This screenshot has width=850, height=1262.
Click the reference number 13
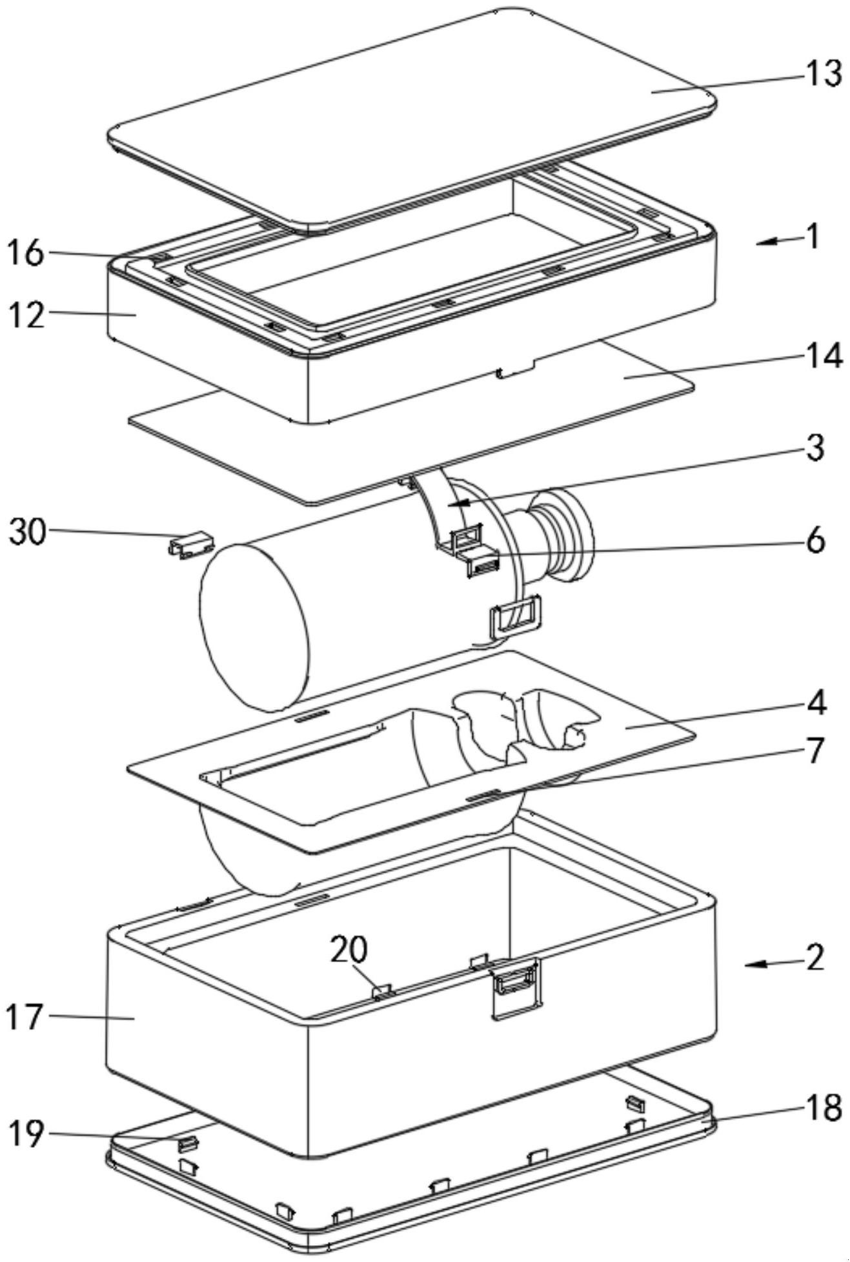[x=822, y=74]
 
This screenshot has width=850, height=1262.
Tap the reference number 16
[x=26, y=253]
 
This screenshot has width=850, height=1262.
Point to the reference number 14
[x=822, y=356]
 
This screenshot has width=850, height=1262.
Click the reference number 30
[x=27, y=533]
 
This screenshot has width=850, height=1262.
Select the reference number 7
[x=816, y=750]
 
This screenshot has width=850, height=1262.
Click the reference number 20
[x=349, y=950]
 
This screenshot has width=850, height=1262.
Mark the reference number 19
[x=26, y=1134]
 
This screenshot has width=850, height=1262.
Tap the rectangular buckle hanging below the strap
[x=516, y=616]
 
